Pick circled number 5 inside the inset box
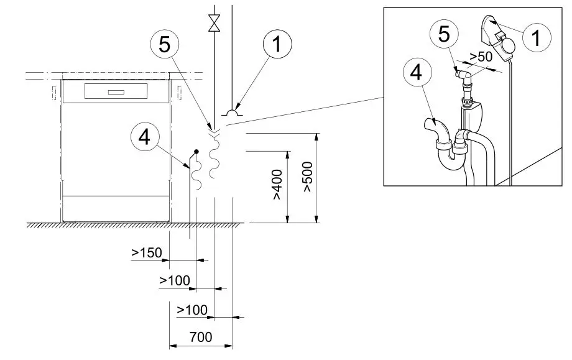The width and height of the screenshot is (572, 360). pos(445,35)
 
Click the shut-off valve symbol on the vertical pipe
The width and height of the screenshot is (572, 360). pos(215,23)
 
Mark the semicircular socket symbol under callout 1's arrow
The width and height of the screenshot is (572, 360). pos(232,113)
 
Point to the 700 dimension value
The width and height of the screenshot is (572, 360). pos(200,338)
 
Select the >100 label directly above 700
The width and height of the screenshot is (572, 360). pos(191,309)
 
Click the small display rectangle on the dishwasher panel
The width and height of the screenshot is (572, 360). pos(116,93)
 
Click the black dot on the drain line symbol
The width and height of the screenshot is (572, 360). pos(196,150)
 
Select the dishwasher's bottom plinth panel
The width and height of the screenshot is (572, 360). pos(116,208)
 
